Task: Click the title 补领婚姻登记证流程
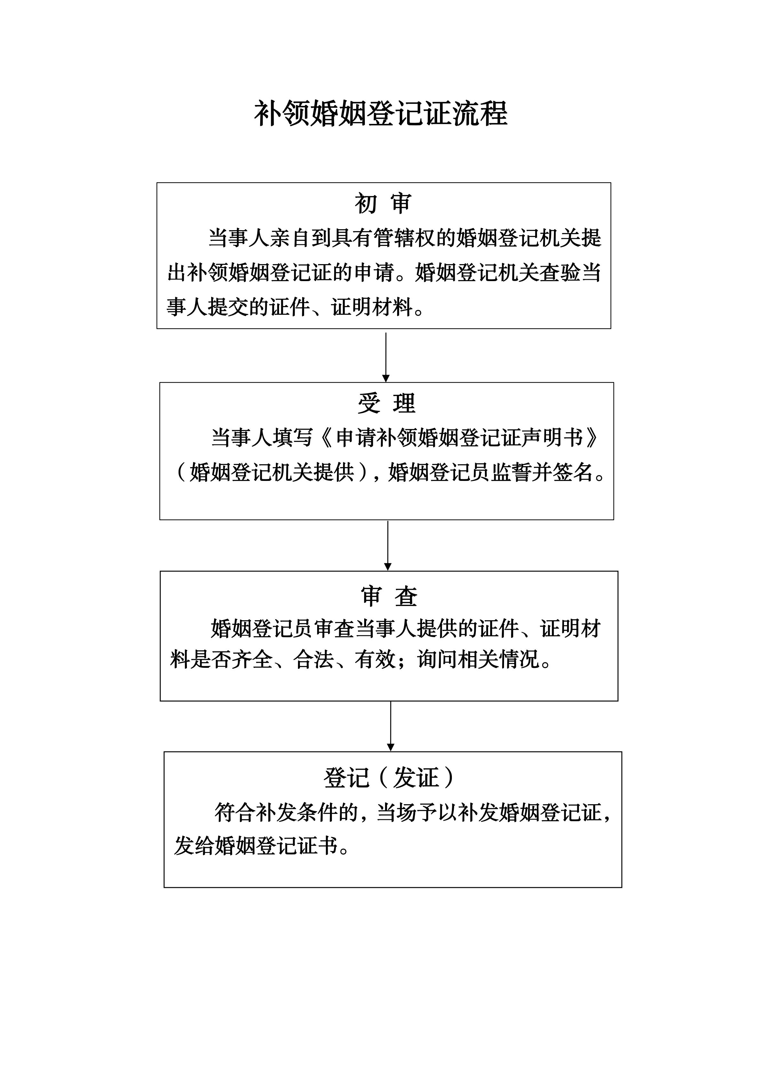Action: click(x=381, y=114)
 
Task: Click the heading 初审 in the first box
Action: click(x=383, y=204)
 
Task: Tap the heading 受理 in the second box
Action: click(x=386, y=404)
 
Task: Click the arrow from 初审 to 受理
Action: click(x=386, y=357)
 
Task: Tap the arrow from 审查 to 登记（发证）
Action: click(x=390, y=726)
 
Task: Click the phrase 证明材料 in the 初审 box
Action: click(x=372, y=308)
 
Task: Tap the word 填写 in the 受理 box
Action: click(x=292, y=438)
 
